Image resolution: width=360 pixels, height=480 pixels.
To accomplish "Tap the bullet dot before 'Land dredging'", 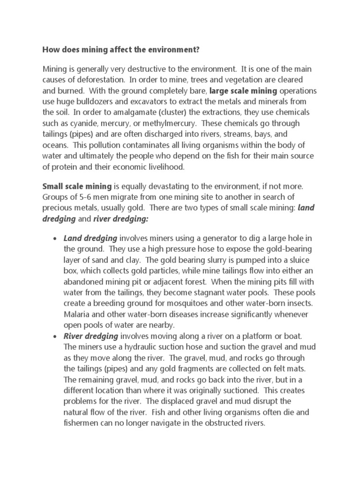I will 55,239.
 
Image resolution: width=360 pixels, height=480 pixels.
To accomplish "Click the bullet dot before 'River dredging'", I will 55,336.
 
